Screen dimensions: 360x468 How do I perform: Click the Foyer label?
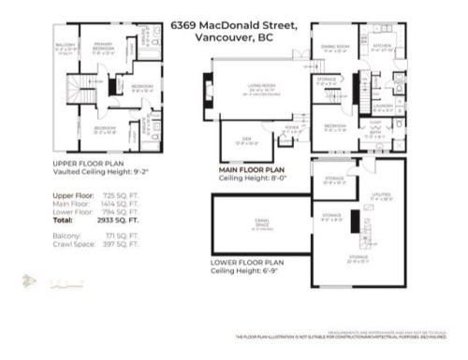click(x=292, y=127)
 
